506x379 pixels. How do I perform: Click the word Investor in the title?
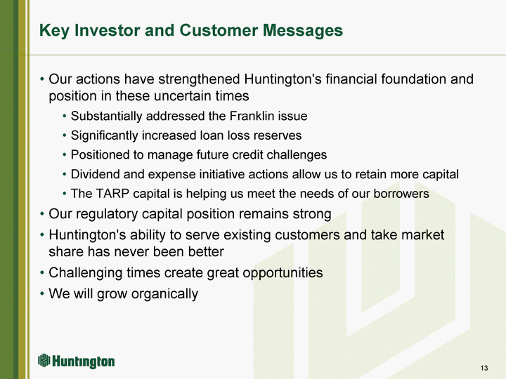[108, 30]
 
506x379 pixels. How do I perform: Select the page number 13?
[484, 368]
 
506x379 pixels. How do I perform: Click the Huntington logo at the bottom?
[76, 361]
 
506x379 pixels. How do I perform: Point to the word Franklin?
[249, 116]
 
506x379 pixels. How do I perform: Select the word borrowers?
[401, 194]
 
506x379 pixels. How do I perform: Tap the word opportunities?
[283, 273]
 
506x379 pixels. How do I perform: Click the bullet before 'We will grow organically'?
[42, 293]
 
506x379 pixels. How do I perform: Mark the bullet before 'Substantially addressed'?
[65, 116]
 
